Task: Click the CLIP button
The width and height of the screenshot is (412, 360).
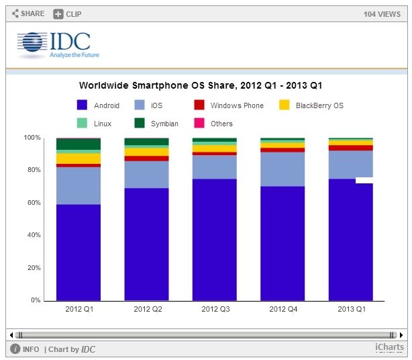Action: point(67,13)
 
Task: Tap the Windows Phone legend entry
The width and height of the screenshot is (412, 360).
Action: point(229,105)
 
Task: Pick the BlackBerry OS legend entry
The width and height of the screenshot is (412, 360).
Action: point(311,105)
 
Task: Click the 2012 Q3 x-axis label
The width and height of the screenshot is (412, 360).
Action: point(215,309)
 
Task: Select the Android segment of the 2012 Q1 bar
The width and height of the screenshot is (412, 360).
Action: point(79,252)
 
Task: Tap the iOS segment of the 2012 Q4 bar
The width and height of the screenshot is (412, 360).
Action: point(283,169)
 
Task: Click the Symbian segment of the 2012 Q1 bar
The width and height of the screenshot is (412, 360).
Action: point(79,144)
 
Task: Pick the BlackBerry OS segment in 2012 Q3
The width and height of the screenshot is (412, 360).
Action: point(215,148)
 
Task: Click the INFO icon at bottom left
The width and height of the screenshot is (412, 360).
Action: point(15,349)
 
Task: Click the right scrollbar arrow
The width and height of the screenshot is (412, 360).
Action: point(401,334)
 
